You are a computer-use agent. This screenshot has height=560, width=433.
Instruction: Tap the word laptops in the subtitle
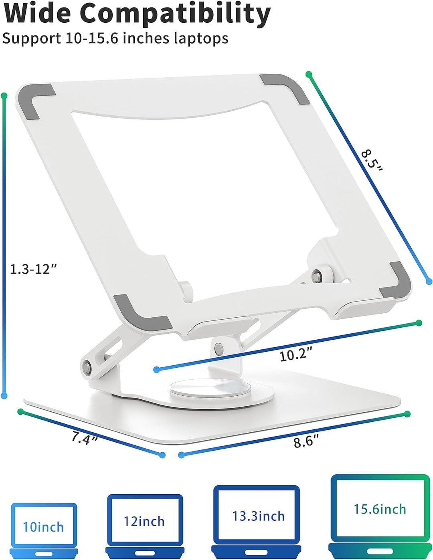(x=201, y=38)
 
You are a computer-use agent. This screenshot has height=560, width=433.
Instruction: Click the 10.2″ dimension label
(x=295, y=355)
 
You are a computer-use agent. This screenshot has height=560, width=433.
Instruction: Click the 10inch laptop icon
(x=43, y=529)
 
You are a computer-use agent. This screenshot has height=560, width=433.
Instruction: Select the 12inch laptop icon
(x=144, y=525)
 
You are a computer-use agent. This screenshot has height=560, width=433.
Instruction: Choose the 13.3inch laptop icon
(x=257, y=521)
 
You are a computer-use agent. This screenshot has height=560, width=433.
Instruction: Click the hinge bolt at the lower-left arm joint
(x=86, y=366)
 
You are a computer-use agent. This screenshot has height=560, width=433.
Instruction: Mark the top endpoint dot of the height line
(x=4, y=96)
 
